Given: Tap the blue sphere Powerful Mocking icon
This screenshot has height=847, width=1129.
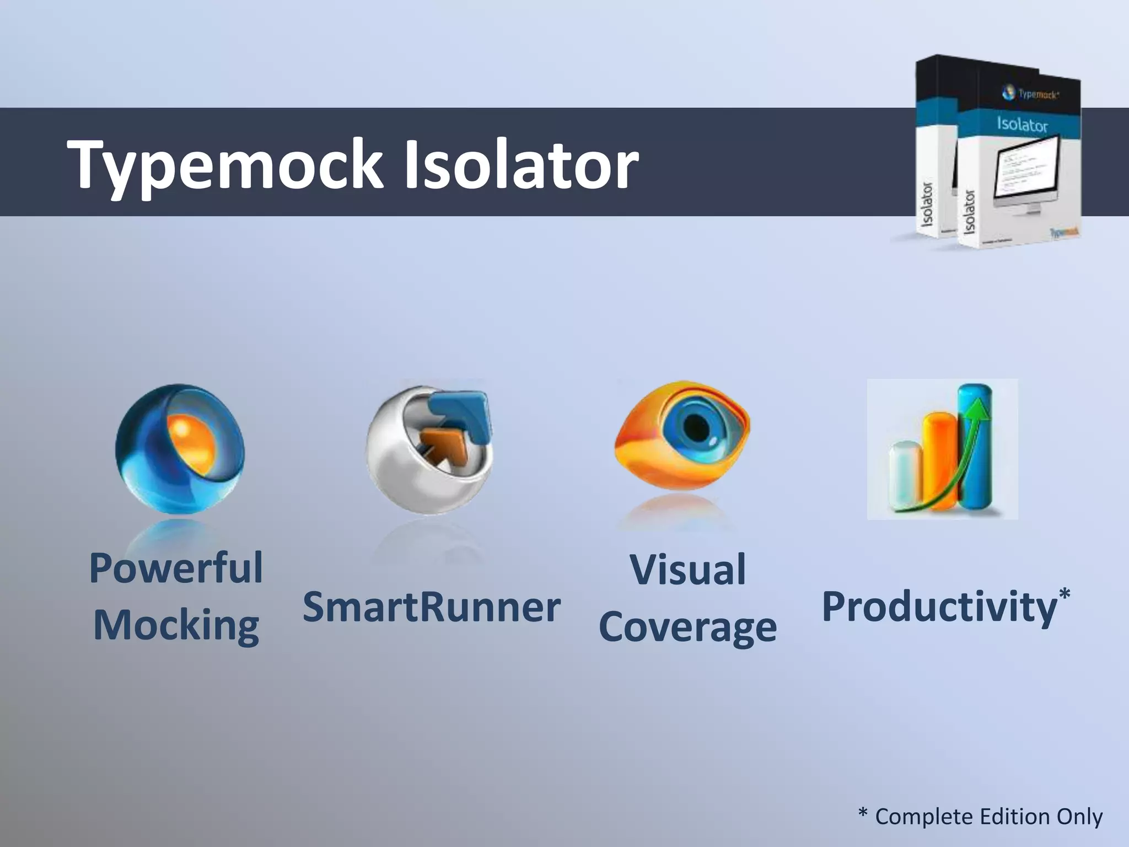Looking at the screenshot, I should click(x=180, y=449).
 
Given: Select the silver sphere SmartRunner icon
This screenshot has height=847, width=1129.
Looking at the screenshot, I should click(x=429, y=449).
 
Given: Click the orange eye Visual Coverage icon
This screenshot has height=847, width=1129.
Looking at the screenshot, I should click(x=682, y=436).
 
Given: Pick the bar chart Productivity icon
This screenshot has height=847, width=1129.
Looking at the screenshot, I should click(x=942, y=449).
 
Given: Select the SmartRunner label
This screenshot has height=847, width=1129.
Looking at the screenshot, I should click(x=431, y=607).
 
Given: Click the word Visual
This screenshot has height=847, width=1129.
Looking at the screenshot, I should click(x=688, y=570).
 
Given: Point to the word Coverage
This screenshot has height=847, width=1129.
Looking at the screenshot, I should click(x=688, y=628).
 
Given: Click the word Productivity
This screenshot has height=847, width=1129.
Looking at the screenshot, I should click(x=939, y=607).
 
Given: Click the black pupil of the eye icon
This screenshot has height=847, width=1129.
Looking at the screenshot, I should click(x=696, y=426).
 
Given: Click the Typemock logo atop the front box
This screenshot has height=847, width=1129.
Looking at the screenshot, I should click(x=1030, y=94).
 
